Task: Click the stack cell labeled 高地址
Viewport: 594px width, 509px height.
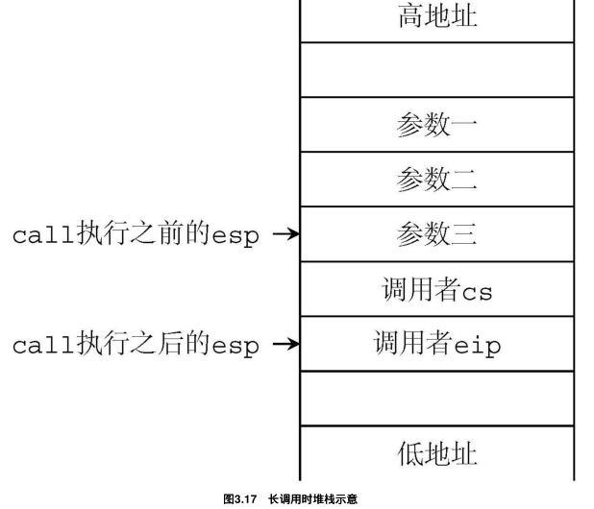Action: pos(437,19)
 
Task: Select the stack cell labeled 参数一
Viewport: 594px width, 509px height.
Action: pos(437,124)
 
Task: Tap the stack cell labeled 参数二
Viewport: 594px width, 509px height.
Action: pos(437,179)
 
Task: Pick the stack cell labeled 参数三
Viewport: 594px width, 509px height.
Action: pos(437,233)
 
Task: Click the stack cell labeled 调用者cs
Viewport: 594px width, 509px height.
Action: pos(437,288)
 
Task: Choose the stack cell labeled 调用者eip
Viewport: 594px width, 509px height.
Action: pos(437,343)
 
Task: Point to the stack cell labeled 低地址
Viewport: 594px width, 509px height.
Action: pos(437,452)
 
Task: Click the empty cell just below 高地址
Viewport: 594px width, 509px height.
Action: pos(437,69)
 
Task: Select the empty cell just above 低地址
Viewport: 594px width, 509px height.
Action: pos(437,398)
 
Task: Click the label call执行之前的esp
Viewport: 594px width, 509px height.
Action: pos(136,235)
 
